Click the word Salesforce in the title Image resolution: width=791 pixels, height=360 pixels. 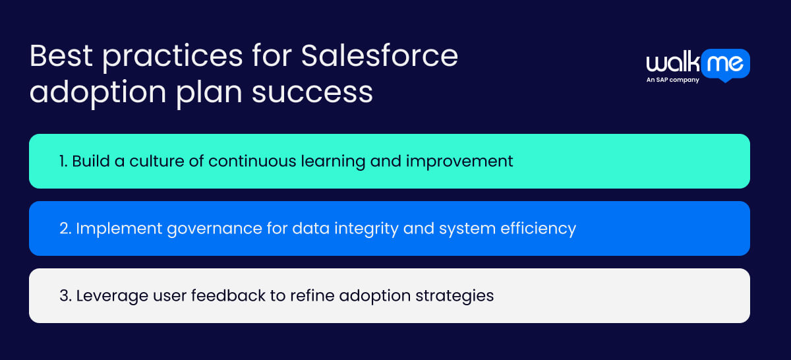point(379,56)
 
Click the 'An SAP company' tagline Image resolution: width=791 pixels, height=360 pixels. point(672,80)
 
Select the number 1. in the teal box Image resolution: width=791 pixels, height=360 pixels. point(63,162)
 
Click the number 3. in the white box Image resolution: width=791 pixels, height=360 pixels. point(65,296)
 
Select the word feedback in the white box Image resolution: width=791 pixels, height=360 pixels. point(223,296)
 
